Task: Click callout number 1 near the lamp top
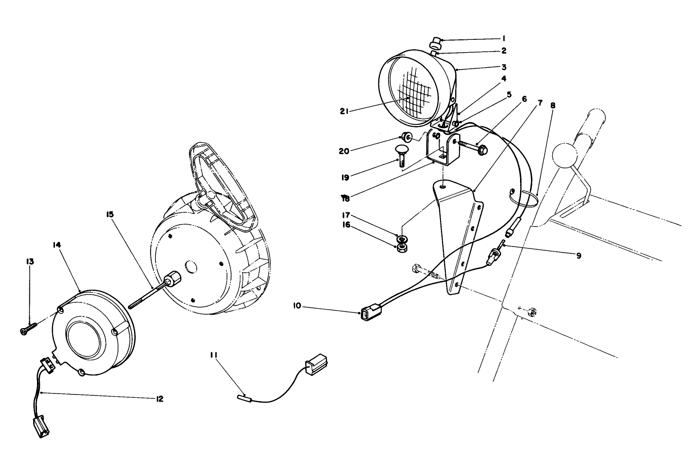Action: [504, 38]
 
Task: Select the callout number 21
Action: [344, 111]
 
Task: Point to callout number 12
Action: [159, 399]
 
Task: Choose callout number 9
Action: [578, 256]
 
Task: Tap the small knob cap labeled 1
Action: [435, 45]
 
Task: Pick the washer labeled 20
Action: [407, 137]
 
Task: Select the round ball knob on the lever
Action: [564, 154]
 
